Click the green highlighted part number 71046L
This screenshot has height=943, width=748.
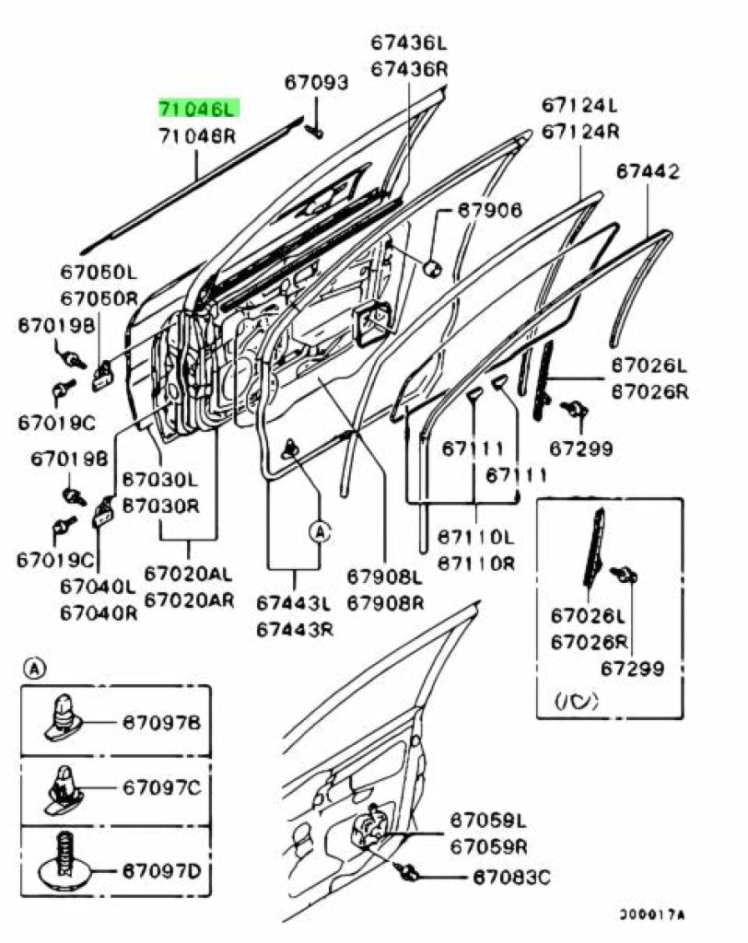198,109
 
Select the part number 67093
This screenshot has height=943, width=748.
315,84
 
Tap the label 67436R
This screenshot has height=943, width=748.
409,68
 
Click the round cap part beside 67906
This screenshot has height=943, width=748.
430,267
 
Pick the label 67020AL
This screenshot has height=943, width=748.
189,575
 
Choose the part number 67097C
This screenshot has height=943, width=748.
162,787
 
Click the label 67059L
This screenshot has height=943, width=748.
487,819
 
